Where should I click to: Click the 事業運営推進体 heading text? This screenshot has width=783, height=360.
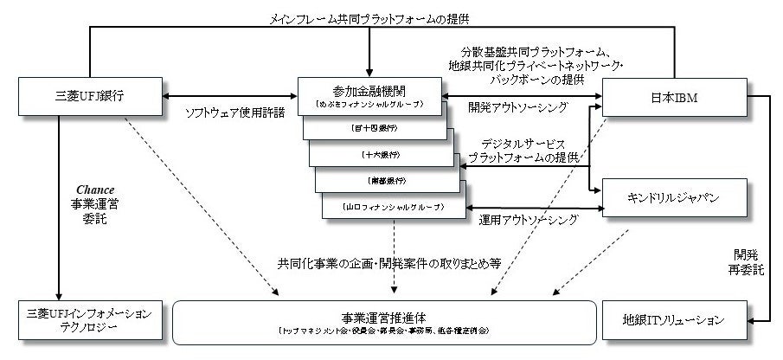(x=384, y=316)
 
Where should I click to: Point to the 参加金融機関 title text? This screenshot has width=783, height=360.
(x=369, y=91)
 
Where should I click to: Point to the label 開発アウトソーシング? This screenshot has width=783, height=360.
(x=517, y=107)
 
